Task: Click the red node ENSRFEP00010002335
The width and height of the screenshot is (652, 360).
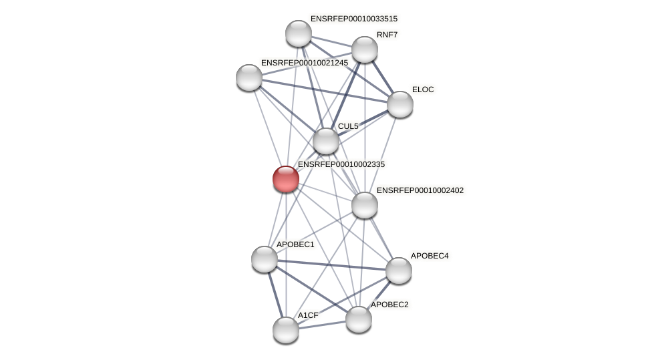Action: [286, 179]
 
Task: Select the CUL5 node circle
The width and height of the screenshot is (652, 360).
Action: [326, 141]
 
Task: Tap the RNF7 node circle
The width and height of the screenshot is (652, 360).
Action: [365, 49]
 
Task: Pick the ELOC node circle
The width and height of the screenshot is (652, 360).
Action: [400, 104]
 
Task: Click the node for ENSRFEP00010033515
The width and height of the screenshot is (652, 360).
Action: [299, 33]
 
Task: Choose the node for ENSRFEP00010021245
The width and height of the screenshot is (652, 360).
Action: [249, 77]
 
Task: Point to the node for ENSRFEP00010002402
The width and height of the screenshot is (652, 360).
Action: [365, 205]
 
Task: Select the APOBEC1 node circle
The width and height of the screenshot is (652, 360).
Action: [265, 259]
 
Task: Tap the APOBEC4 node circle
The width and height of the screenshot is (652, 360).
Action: [399, 271]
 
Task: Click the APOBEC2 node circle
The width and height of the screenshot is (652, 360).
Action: [359, 319]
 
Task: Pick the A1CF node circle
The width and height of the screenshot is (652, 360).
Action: [286, 330]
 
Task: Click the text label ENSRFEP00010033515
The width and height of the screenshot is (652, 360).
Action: [353, 19]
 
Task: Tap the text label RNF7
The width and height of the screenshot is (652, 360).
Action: [387, 35]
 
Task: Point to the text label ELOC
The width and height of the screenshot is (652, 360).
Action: [423, 89]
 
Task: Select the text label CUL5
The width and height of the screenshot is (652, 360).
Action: [348, 126]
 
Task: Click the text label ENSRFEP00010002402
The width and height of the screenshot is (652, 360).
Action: [420, 190]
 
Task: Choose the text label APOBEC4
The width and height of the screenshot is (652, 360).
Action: [429, 256]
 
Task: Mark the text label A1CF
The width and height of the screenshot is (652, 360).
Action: [308, 315]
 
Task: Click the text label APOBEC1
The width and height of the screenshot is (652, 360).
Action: [295, 244]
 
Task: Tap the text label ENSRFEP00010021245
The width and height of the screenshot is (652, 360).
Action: [304, 63]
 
